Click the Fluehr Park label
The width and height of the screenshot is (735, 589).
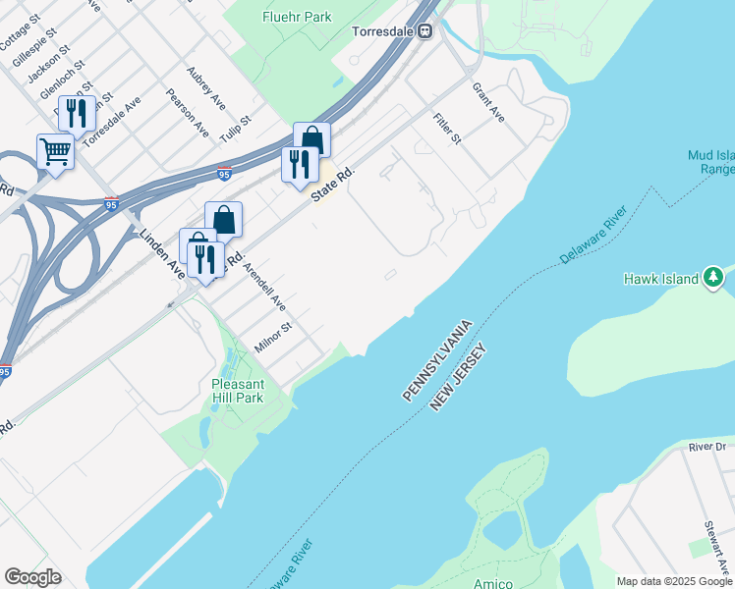coord(297,17)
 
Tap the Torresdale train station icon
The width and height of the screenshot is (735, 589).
coord(425,30)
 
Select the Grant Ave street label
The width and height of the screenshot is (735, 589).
coord(488,103)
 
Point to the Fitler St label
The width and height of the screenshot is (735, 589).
coord(447,129)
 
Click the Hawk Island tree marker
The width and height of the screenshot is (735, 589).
coord(716,279)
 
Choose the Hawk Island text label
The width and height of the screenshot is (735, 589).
coord(660,279)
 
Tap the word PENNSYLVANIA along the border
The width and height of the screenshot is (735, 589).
coord(438,359)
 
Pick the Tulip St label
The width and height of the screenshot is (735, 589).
coord(236,130)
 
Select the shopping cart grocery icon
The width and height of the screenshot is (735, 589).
coord(56,151)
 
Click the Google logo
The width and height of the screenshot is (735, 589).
coord(32,577)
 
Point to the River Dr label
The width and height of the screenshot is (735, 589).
coord(706,447)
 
